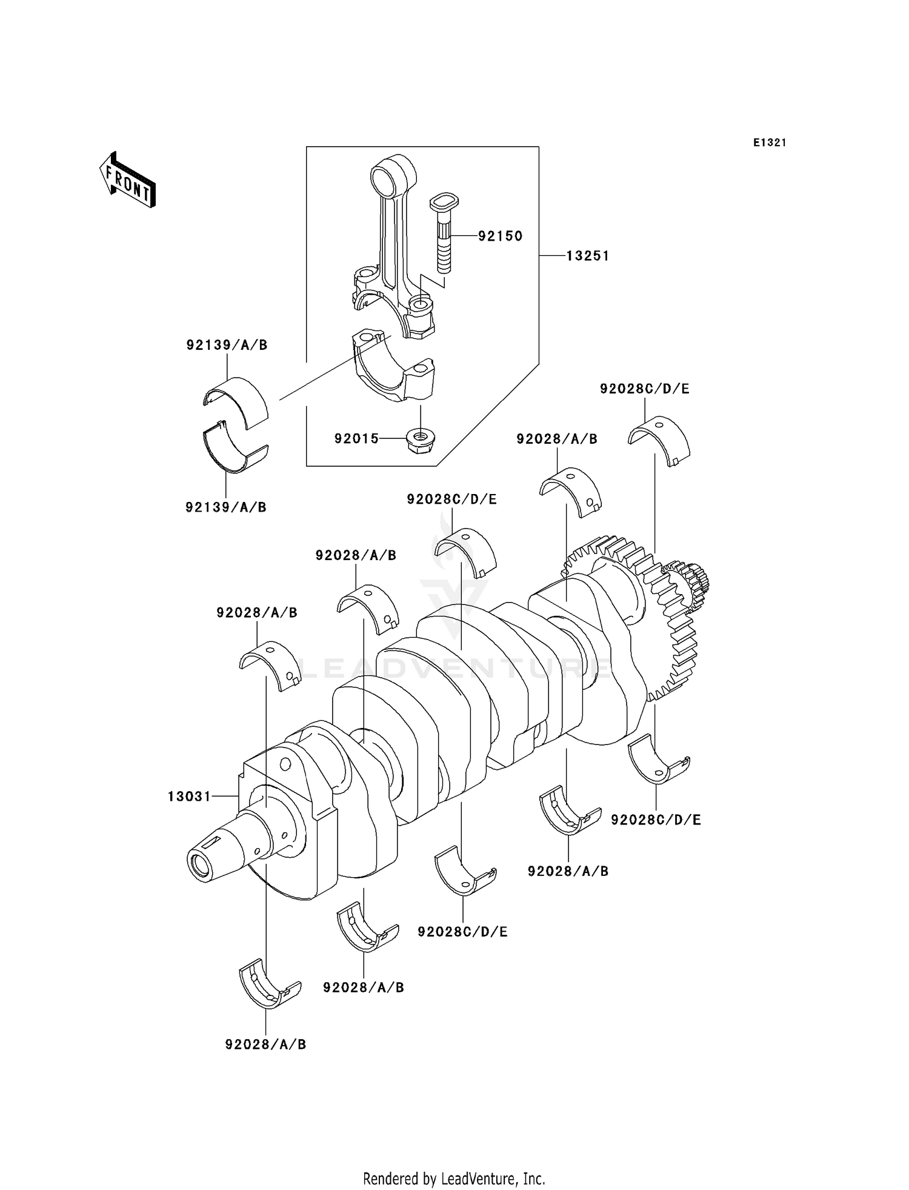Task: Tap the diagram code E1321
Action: pyautogui.click(x=770, y=143)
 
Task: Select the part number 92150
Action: pyautogui.click(x=500, y=236)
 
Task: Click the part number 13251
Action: pyautogui.click(x=588, y=256)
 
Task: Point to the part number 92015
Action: pyautogui.click(x=356, y=438)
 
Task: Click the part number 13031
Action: pyautogui.click(x=189, y=796)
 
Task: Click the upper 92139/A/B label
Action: pyautogui.click(x=227, y=345)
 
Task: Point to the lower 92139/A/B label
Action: pyautogui.click(x=226, y=507)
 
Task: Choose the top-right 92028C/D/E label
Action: pyautogui.click(x=645, y=389)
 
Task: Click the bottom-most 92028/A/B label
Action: pyautogui.click(x=265, y=1045)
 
